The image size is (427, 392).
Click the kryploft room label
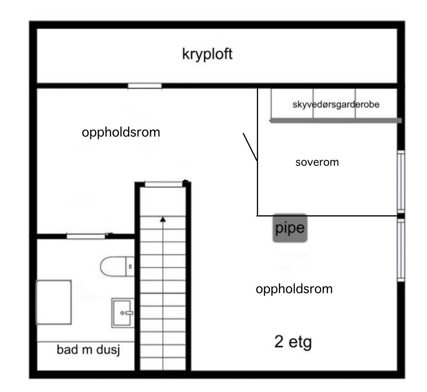coord(207,54)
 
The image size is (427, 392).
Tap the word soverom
coord(317,162)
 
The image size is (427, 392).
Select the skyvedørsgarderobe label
coord(336,104)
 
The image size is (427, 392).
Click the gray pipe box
coord(290,228)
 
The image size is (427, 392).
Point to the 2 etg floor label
coord(293,342)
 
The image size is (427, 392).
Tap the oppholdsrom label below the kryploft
coord(121,132)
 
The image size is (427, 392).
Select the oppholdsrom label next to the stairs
coord(294,289)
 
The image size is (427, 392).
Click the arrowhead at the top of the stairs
coord(163,219)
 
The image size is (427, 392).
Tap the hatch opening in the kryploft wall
coord(144,86)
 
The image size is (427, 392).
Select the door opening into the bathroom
coord(85,236)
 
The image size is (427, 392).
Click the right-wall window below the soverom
coord(401,250)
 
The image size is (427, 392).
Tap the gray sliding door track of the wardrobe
coord(335,120)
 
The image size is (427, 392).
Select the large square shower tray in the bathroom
coord(54,302)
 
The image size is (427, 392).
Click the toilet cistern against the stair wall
coord(130,266)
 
